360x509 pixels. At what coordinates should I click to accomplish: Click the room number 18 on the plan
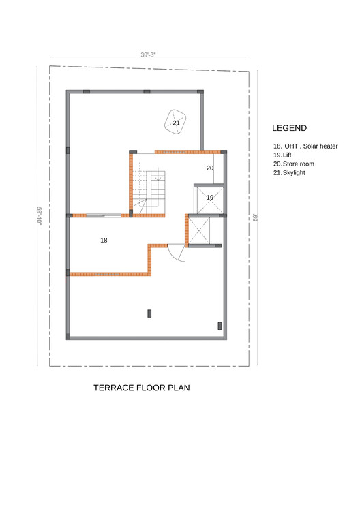coord(104,241)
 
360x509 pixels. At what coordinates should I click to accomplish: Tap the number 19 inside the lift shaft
coord(210,198)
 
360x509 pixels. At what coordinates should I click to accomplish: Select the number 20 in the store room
coord(210,168)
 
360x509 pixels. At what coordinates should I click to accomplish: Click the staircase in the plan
coord(149,192)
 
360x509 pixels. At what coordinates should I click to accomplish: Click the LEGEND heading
coord(290,128)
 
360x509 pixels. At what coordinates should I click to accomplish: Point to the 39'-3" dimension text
coord(148,55)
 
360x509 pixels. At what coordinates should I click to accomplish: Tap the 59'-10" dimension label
coord(40,215)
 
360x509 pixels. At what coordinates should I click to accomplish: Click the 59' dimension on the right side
coord(256,217)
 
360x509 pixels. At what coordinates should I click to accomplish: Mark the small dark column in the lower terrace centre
coord(149,313)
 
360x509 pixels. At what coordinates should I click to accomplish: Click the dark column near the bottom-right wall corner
coord(220,326)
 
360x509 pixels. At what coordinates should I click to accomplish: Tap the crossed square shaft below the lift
coord(199,231)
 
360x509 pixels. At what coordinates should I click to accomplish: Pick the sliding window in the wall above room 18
coord(104,215)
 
